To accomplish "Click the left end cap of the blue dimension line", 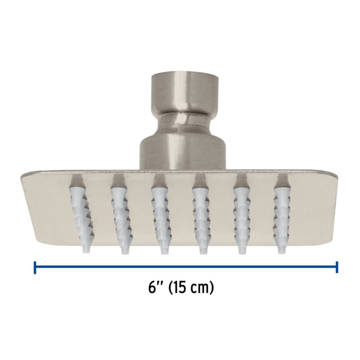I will tap(35, 267).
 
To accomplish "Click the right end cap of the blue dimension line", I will tap(337, 267).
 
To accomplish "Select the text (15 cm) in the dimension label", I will tap(191, 287).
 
